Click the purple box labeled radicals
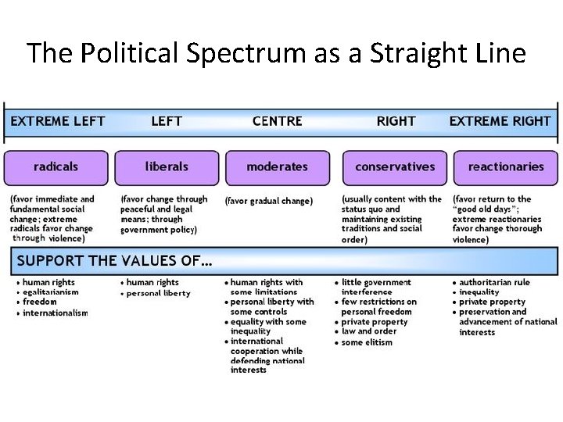coord(56,167)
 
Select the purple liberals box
coord(167,167)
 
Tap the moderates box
coord(277,167)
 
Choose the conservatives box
coord(395,167)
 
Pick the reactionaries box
coord(506,167)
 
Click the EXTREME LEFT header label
coord(57,121)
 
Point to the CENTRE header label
coord(278,121)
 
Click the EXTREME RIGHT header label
coord(500,121)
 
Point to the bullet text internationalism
coord(56,313)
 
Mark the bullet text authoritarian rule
coord(494,283)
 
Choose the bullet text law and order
coord(369,331)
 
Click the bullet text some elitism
coord(367,342)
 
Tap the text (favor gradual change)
coord(268,201)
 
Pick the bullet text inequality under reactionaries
coord(480,292)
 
